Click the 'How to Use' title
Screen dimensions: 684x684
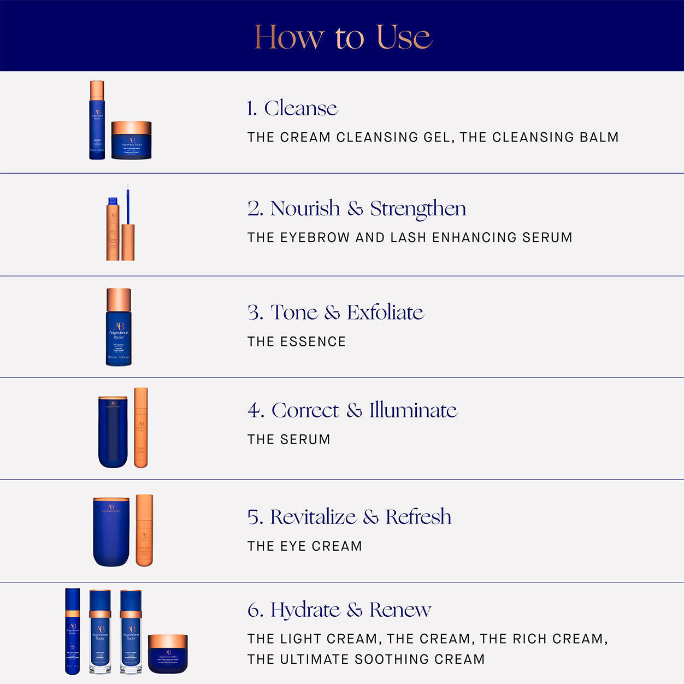pos(343,37)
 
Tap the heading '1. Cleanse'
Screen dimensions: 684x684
pos(292,108)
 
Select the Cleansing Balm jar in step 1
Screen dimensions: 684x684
pos(131,141)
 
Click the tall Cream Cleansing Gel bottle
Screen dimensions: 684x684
pos(97,120)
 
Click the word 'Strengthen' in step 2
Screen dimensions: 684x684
pos(418,209)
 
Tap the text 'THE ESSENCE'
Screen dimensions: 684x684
pos(296,342)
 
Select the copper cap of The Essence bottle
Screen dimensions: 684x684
pos(119,299)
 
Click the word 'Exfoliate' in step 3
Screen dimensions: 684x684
pos(385,312)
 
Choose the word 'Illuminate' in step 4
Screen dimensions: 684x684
pos(413,410)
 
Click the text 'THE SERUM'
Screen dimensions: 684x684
pos(288,440)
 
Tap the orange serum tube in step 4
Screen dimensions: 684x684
pos(141,428)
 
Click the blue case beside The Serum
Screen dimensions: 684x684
pos(113,432)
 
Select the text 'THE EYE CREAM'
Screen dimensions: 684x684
pos(304,546)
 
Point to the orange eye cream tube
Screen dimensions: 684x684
pos(144,530)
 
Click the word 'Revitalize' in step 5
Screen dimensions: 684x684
pos(313,517)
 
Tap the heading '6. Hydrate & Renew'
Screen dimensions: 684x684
pos(339,610)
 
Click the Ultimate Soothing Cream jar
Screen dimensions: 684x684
pos(168,653)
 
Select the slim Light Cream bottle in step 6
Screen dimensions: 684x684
pos(73,631)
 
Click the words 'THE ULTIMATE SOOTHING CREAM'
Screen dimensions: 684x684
pos(365,659)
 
